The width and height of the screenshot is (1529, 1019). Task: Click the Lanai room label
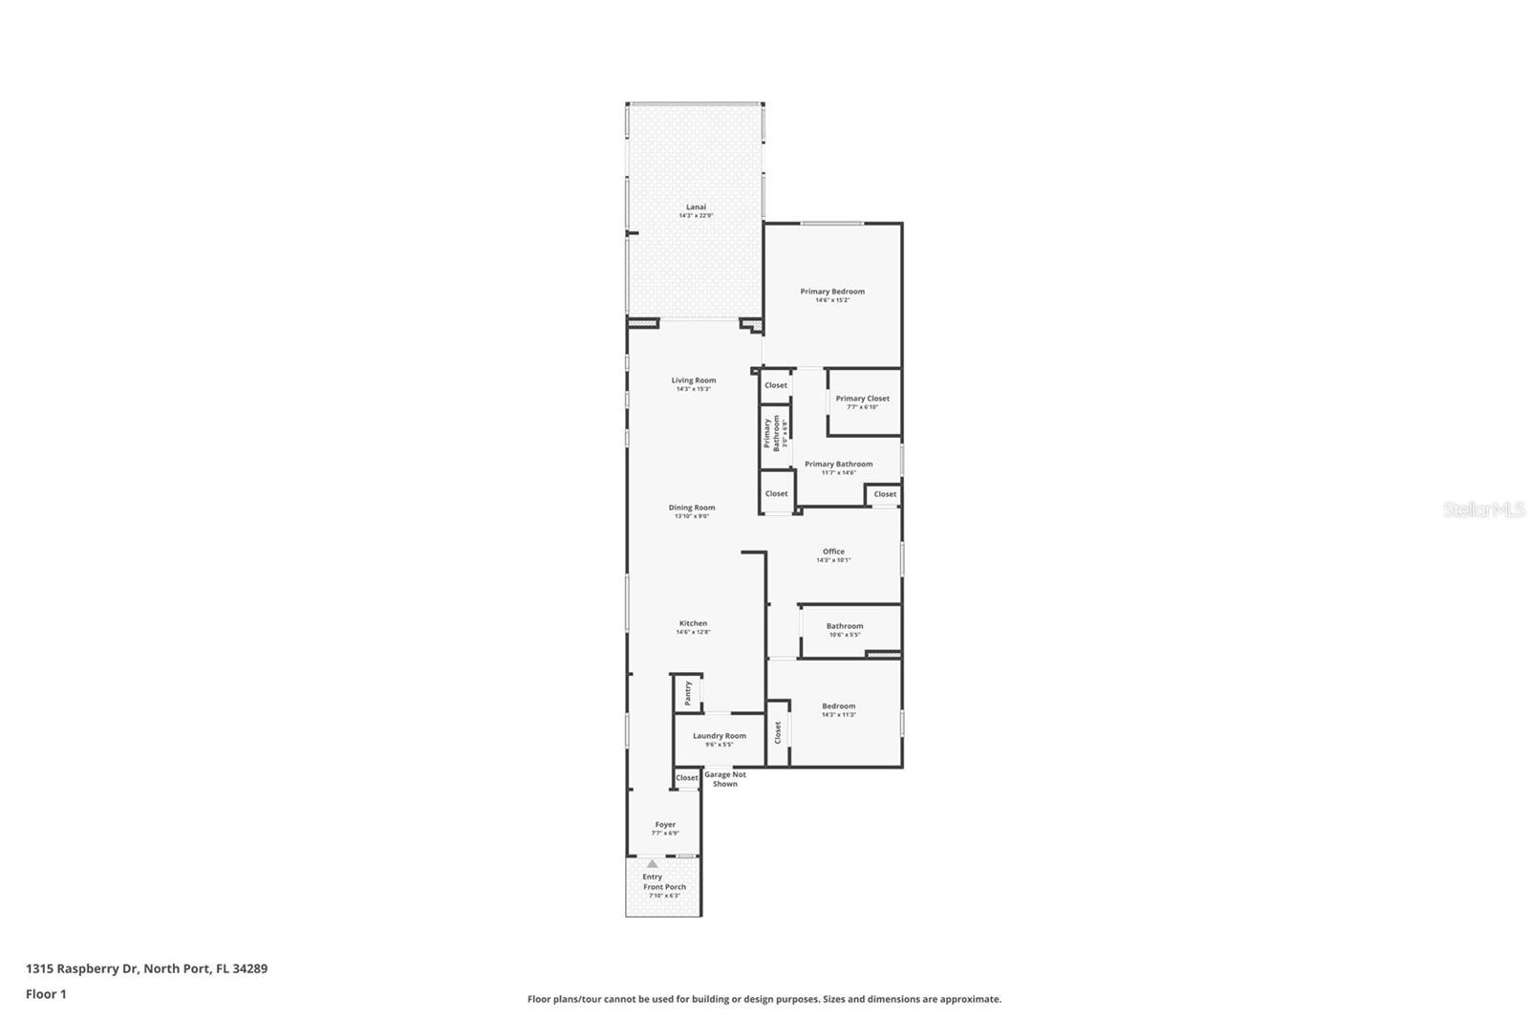696,206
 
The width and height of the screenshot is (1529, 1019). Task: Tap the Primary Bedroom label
832,292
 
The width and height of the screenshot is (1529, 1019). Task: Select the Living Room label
693,380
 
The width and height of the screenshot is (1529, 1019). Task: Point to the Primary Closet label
862,399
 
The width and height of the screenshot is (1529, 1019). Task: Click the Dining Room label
691,508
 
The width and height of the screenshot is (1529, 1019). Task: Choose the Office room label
833,552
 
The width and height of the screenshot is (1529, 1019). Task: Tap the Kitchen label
693,623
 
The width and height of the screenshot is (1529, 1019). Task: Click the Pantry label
687,693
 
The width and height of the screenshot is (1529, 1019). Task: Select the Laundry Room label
719,736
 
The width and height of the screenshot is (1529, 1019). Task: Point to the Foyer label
665,824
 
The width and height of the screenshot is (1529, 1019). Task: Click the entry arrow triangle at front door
653,863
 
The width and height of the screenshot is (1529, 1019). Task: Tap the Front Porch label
664,887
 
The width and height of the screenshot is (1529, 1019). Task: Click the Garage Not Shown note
724,779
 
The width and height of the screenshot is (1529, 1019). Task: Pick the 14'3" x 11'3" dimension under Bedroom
839,715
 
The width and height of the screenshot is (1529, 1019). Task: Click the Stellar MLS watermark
1483,510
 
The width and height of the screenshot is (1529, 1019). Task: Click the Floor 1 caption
46,994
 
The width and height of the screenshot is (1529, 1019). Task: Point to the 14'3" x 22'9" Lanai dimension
696,216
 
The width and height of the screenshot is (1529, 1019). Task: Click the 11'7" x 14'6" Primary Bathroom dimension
838,472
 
